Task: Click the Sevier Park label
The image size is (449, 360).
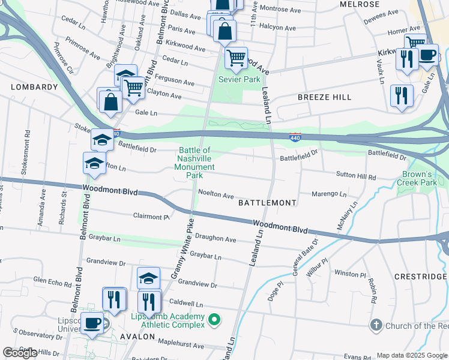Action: [x=240, y=79]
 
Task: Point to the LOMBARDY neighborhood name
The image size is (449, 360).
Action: [x=34, y=87]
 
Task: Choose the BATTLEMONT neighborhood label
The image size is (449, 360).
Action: [x=267, y=203]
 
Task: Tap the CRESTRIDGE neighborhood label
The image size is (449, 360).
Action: [x=421, y=277]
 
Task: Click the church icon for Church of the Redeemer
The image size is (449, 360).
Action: [x=376, y=325]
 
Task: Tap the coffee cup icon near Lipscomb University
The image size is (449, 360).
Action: [x=92, y=323]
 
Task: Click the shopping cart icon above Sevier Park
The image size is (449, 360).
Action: [x=236, y=58]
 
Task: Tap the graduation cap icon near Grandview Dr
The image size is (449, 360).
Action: [x=148, y=278]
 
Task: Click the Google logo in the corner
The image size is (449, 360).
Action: [x=20, y=353]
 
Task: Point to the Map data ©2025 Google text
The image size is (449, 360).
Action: [x=411, y=355]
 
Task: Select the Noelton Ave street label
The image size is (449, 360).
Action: [x=216, y=195]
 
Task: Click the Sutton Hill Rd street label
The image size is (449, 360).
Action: [x=354, y=178]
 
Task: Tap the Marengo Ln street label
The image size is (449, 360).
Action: [x=328, y=194]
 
